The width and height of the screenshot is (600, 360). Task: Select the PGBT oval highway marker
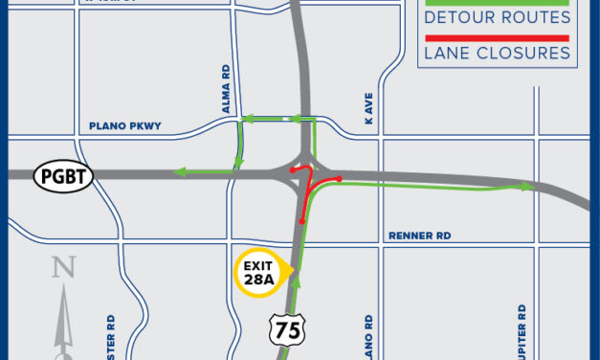[63, 176]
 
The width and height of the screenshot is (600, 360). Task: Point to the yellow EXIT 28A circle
[257, 275]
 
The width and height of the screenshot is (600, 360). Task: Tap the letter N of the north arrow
[64, 268]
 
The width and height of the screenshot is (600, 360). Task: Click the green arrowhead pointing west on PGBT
[178, 172]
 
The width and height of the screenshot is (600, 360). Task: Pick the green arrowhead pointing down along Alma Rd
[240, 159]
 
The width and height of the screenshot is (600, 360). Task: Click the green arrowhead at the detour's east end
[526, 187]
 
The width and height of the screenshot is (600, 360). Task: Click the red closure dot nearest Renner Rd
[302, 221]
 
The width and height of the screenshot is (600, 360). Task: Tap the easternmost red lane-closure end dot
[341, 178]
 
